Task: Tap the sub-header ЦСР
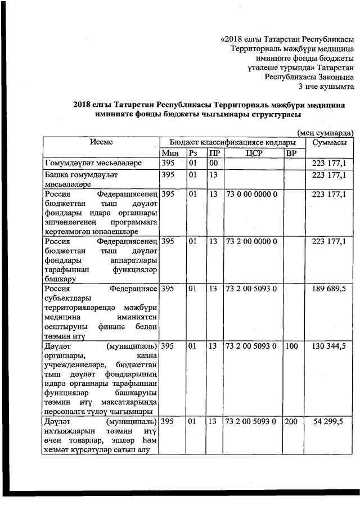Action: click(254, 154)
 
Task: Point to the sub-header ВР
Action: click(291, 154)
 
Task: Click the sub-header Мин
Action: click(169, 154)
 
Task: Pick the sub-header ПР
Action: click(213, 154)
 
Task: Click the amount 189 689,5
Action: click(328, 289)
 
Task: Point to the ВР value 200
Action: click(291, 421)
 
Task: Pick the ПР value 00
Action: click(213, 164)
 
